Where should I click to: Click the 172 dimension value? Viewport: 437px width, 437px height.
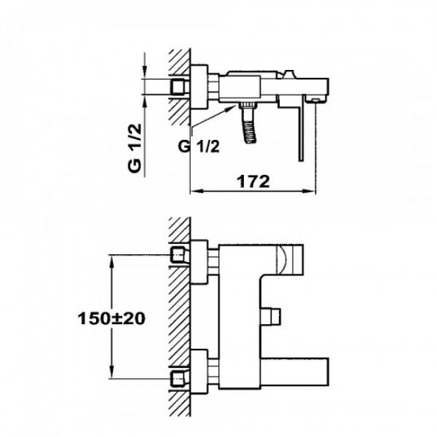click(x=253, y=181)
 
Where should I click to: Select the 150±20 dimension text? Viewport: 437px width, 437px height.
click(x=111, y=318)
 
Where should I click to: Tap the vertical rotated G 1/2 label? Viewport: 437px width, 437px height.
click(x=135, y=148)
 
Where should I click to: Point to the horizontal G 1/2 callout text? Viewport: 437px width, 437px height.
click(x=199, y=146)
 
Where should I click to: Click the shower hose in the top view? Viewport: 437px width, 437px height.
click(x=249, y=123)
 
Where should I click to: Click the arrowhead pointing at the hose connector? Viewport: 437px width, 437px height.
click(x=232, y=108)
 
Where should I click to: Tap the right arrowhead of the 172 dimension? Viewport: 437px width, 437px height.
click(x=310, y=191)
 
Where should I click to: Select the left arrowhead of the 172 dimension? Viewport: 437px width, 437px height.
click(x=196, y=191)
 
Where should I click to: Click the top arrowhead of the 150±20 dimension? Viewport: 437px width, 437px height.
click(x=111, y=261)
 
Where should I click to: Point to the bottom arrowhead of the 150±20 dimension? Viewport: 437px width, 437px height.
click(x=111, y=371)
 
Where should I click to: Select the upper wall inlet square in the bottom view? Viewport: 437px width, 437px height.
click(x=178, y=254)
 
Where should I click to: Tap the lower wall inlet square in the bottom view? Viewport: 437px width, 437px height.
click(x=178, y=379)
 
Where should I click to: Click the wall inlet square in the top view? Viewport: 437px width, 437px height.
click(x=178, y=87)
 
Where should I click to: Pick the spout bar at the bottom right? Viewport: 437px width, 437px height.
click(x=294, y=372)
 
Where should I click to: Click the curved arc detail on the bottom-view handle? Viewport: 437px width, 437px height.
click(x=282, y=259)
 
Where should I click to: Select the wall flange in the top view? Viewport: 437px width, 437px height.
click(x=199, y=87)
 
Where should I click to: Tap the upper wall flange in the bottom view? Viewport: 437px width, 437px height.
click(x=199, y=262)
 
